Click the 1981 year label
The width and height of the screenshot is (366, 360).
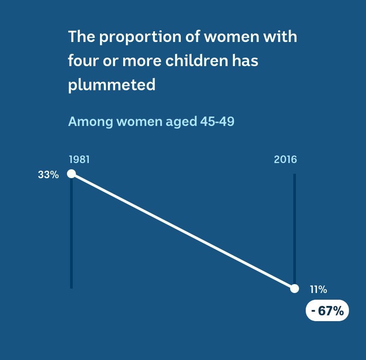pyautogui.click(x=79, y=159)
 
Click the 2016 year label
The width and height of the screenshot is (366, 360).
pyautogui.click(x=285, y=159)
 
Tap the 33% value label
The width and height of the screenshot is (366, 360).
pyautogui.click(x=48, y=175)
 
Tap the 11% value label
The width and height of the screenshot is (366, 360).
pyautogui.click(x=318, y=289)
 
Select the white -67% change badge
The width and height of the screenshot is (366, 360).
pyautogui.click(x=327, y=310)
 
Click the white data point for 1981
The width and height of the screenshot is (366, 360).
pyautogui.click(x=71, y=174)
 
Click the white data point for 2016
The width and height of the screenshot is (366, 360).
pyautogui.click(x=295, y=289)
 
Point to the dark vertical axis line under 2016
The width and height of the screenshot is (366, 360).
pyautogui.click(x=295, y=229)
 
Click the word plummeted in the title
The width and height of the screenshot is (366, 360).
pyautogui.click(x=112, y=84)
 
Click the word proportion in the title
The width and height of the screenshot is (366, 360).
pyautogui.click(x=140, y=38)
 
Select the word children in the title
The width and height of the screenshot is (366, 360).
pyautogui.click(x=197, y=60)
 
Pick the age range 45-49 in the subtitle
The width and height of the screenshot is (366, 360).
pyautogui.click(x=217, y=121)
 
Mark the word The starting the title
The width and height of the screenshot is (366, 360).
pyautogui.click(x=82, y=37)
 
